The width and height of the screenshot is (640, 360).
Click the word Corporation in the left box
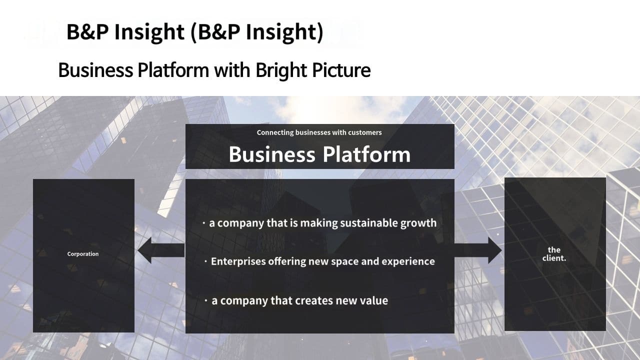pos(83,254)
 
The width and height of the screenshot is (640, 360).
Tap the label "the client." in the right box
pos(554,254)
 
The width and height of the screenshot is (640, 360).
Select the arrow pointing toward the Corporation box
pos(161,250)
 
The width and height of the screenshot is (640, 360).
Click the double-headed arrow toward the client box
pos(478,250)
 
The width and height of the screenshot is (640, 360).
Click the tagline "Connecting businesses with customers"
pos(319,132)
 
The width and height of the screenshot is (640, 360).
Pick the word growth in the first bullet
pos(418,223)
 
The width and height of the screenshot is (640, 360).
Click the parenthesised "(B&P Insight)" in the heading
pos(257,32)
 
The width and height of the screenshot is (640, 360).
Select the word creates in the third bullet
pos(313,301)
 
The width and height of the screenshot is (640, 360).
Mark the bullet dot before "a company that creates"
pos(205,300)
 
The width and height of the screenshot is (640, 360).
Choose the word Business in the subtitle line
pos(95,70)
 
